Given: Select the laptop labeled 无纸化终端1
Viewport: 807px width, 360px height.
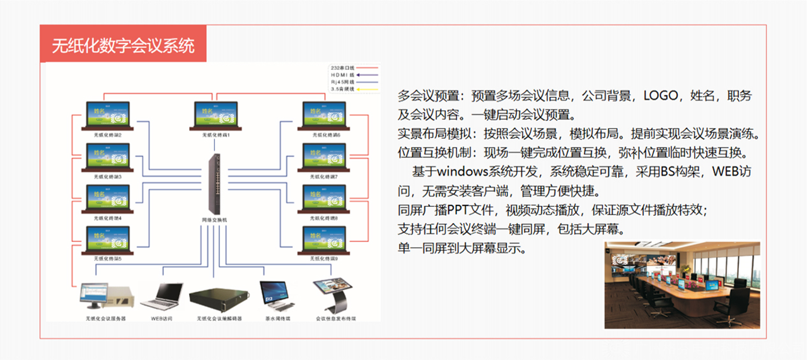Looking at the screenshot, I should tap(216, 116).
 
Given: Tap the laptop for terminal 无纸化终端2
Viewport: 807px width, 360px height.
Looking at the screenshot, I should tap(107, 116).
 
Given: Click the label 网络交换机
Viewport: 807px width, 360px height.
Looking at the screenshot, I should tap(215, 219).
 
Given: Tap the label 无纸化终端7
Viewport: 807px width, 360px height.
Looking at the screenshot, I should tap(326, 177).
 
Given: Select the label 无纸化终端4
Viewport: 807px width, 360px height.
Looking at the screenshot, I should tap(107, 218).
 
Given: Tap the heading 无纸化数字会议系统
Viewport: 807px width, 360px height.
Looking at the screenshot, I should tap(123, 45).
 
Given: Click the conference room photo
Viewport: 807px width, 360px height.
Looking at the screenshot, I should tap(682, 284).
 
